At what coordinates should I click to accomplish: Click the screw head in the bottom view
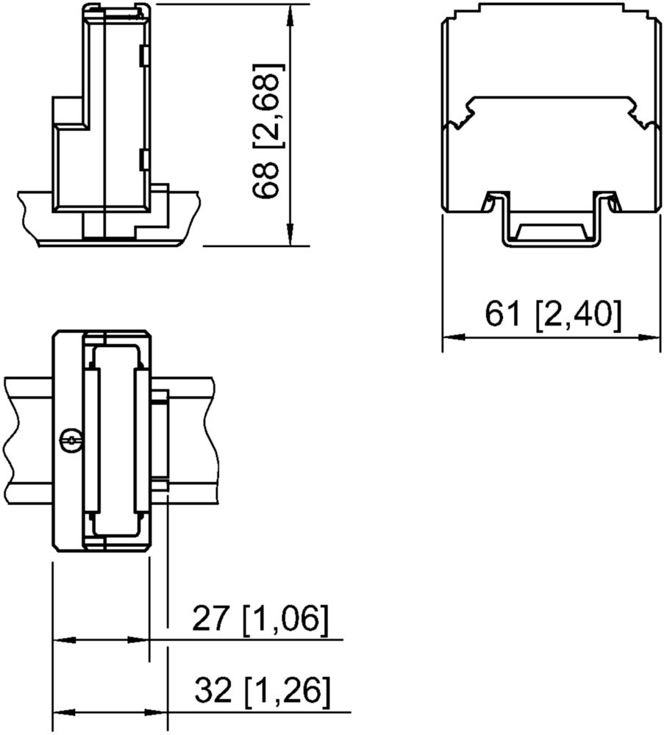tap(72, 440)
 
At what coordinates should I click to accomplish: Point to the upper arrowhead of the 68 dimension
tap(290, 15)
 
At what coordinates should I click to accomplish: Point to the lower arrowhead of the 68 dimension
tap(290, 234)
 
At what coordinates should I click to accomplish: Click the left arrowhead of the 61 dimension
tap(454, 337)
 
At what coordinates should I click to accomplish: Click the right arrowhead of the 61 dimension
tap(649, 337)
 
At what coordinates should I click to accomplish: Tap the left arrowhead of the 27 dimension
tap(65, 639)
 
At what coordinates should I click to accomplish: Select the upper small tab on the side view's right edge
tap(144, 55)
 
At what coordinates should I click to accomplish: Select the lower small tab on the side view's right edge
tap(144, 160)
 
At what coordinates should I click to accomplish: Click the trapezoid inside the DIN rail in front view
tap(551, 231)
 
